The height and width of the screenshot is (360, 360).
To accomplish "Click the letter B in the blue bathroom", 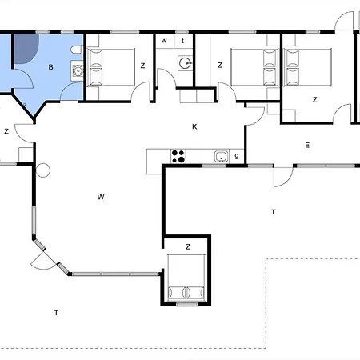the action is tap(50, 67).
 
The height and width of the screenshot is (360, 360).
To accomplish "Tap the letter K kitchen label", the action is tap(194, 126).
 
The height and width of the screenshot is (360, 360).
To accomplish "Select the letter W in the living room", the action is tap(101, 197).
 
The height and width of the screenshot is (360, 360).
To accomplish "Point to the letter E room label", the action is tap(307, 146).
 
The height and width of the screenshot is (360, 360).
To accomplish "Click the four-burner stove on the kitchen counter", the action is tap(178, 156).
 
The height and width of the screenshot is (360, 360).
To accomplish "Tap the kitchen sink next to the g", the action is tap(222, 157).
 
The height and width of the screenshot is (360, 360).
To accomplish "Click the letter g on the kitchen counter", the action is tap(237, 156).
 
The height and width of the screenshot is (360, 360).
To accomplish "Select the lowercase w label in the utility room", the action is tap(164, 41).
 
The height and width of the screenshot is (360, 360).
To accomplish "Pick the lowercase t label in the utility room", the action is tap(182, 41).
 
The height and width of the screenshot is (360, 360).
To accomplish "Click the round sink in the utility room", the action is tap(185, 63).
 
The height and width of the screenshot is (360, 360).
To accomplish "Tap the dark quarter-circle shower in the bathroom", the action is tap(26, 48).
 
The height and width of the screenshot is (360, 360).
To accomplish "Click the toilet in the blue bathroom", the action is tap(77, 50).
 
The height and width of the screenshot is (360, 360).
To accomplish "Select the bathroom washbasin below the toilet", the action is tap(78, 70).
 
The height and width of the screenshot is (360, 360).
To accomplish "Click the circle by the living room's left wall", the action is tap(43, 170).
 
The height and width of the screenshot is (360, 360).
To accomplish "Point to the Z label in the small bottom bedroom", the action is tap(188, 247).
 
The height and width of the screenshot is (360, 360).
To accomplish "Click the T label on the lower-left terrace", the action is tap(56, 313).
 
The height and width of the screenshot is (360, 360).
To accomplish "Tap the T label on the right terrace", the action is tap(273, 212).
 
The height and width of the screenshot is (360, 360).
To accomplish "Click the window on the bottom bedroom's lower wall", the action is tap(187, 304).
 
